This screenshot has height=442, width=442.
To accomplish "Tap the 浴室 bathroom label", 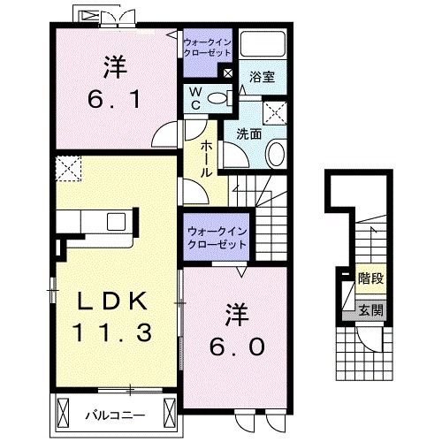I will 263,78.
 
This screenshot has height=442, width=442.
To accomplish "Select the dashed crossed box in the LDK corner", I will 65,166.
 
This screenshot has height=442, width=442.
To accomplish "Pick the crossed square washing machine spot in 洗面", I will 275,111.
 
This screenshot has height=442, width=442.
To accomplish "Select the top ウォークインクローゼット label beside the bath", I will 206,46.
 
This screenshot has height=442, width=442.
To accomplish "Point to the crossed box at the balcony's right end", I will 168,411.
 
